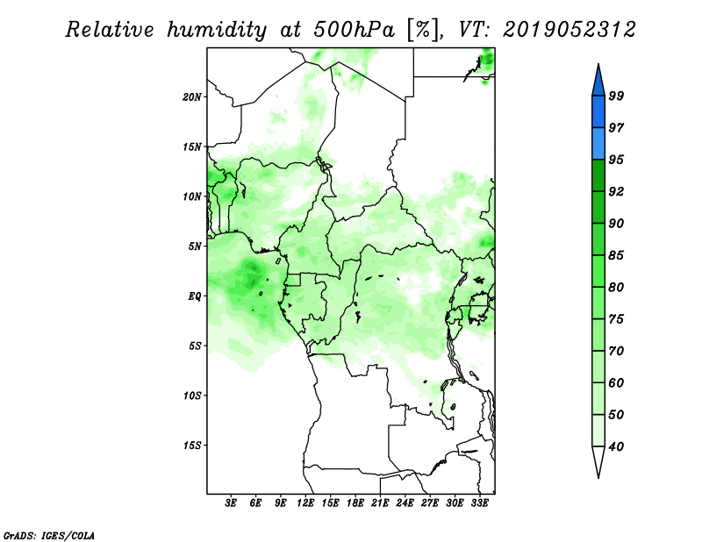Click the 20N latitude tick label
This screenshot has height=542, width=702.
(192, 97)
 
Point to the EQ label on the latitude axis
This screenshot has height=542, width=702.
(195, 296)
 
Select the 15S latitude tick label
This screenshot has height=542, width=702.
(192, 446)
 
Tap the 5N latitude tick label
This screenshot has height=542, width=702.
(195, 246)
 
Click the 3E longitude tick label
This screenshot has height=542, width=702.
(231, 503)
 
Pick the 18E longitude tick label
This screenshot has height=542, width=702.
(355, 503)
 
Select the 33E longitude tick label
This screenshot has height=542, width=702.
(479, 503)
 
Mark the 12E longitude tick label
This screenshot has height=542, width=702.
(305, 503)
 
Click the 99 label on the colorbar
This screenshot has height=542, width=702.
(616, 96)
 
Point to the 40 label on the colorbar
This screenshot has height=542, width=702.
(616, 446)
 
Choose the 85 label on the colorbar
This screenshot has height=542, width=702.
(616, 255)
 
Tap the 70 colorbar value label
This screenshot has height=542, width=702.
(616, 351)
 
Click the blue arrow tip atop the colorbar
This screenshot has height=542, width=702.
(598, 65)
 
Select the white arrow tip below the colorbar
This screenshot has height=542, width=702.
(598, 477)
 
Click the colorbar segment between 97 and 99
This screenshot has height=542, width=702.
(598, 112)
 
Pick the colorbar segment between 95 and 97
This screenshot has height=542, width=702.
(598, 144)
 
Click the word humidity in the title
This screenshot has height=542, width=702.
(217, 31)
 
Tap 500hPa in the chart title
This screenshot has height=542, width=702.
(355, 30)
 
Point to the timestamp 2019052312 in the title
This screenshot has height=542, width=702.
(569, 30)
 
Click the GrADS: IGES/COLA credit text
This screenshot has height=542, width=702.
(49, 535)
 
